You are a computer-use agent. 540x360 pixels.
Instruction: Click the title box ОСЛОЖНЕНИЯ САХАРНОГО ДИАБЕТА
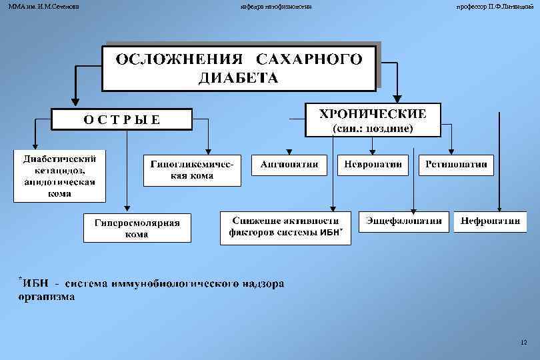[x=239, y=67]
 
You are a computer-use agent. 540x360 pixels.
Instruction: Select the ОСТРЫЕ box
[x=122, y=120]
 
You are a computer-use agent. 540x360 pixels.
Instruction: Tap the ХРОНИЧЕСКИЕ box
[x=373, y=119]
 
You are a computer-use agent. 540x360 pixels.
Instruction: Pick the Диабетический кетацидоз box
[x=60, y=177]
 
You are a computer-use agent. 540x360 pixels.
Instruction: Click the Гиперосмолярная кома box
[x=137, y=228]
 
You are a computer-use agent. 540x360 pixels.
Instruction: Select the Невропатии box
[x=373, y=164]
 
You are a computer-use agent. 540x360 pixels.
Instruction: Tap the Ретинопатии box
[x=456, y=164]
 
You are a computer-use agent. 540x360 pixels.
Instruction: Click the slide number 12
[x=523, y=342]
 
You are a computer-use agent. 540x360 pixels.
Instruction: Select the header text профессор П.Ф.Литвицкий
[x=495, y=6]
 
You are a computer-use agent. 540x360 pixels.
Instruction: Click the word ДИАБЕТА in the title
[x=238, y=78]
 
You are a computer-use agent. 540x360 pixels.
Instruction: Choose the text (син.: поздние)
[x=373, y=128]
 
